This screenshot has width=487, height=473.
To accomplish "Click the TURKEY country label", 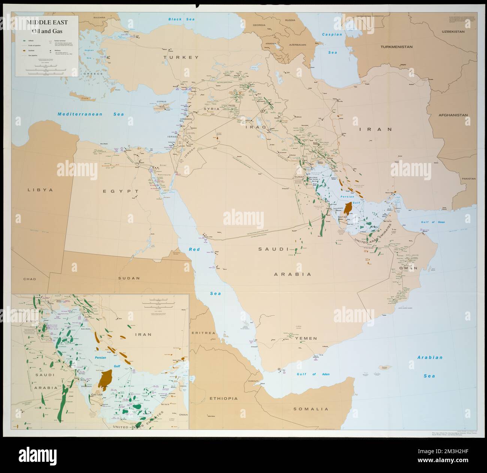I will coord(180,57).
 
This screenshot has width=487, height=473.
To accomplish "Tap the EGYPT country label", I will coord(118,191).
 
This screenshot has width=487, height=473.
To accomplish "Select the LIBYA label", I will coord(40,190).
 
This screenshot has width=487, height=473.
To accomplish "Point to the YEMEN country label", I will coord(306,338).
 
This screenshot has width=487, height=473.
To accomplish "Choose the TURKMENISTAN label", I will coord(396,47).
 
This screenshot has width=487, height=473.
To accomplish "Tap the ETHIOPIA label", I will coord(224,398).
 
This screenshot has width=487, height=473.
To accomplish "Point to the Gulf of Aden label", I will coord(307,374).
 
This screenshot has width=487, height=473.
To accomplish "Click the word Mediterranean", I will coord(81,114).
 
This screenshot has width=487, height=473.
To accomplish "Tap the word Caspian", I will coord(332,34).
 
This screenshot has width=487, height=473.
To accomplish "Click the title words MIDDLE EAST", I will coord(47,22).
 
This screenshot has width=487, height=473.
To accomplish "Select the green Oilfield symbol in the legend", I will coord(24,40).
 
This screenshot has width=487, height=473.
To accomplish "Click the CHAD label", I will coord(29,279).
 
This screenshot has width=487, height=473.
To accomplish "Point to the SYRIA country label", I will coord(211,109).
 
